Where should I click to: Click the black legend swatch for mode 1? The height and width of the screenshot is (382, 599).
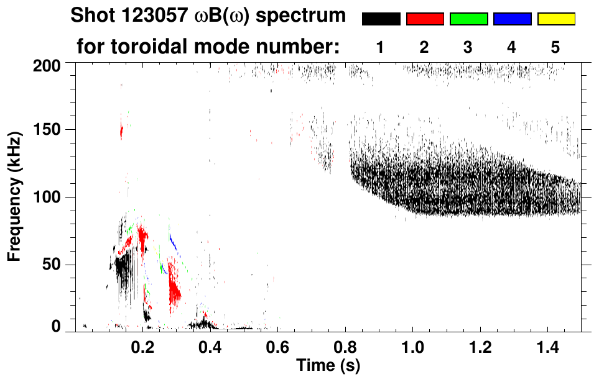(381, 19)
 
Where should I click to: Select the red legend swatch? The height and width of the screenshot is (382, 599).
(425, 19)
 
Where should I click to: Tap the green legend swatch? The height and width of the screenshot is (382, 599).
(468, 19)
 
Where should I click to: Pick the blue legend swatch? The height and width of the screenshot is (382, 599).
(512, 19)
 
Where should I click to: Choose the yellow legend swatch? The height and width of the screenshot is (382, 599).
(556, 19)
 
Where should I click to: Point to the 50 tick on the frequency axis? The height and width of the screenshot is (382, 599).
(55, 265)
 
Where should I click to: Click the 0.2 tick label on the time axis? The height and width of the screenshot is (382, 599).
(143, 347)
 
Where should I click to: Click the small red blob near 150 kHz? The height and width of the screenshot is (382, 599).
(121, 131)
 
